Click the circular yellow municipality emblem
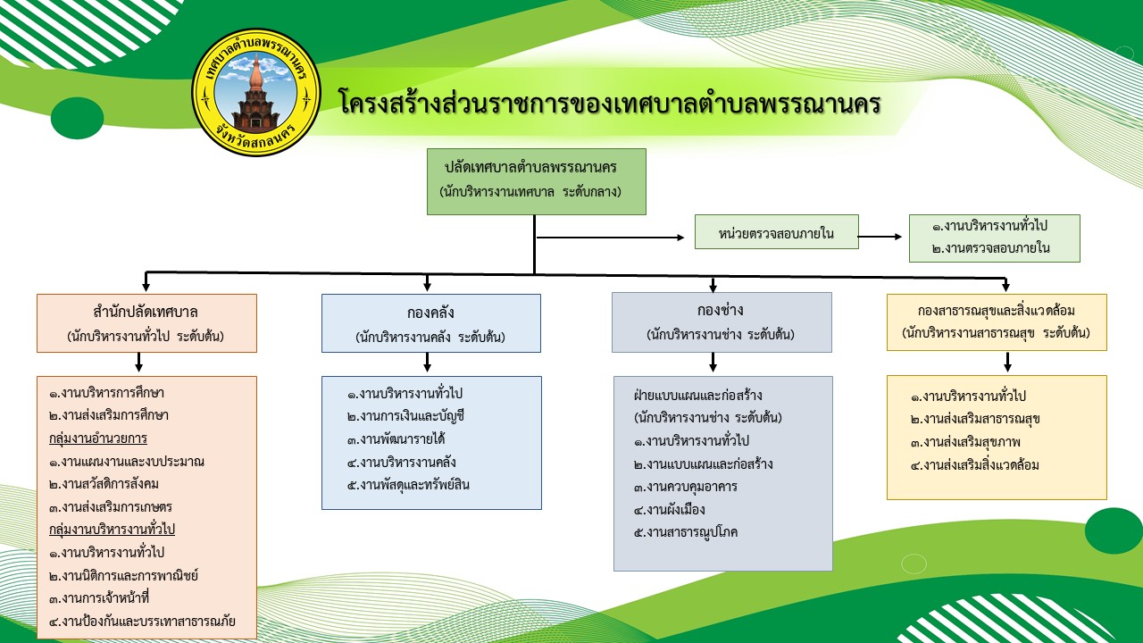256,92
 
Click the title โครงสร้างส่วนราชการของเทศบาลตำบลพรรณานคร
610,102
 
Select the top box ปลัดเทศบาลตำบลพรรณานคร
537,181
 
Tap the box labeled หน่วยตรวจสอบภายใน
776,232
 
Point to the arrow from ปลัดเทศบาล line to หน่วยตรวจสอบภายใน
610,238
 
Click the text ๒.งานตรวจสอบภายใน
990,248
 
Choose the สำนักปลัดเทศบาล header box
146,323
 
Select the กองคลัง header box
431,323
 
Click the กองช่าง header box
722,322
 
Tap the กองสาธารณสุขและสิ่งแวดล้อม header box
997,322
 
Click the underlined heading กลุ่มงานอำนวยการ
98,438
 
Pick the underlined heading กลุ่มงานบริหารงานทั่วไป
113,530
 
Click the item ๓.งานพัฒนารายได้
396,439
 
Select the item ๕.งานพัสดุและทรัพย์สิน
408,485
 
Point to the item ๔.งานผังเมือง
670,509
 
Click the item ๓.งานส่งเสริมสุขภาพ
965,442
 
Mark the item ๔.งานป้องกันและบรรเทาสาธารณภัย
142,622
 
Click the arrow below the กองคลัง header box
427,362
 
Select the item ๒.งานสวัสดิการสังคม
104,484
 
